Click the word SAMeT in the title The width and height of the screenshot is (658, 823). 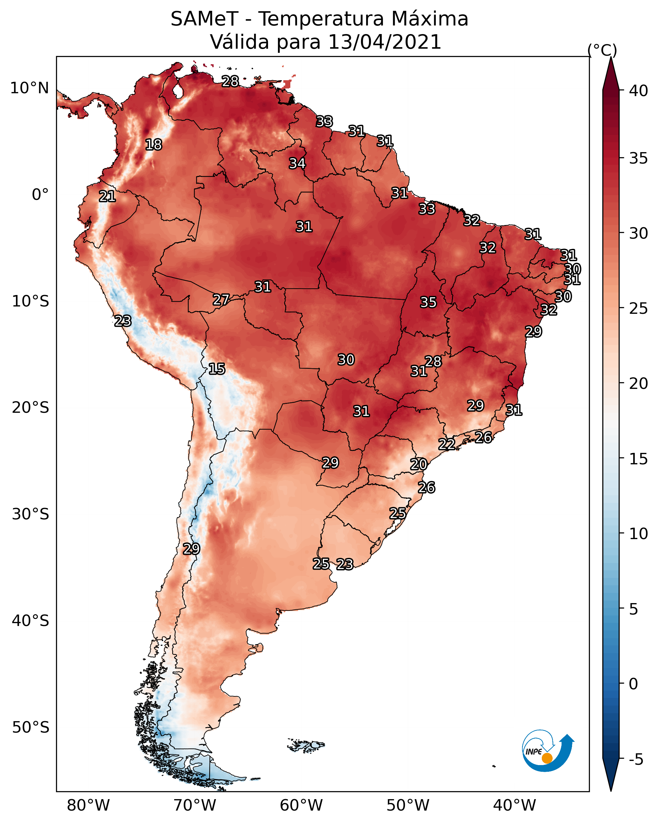(204, 19)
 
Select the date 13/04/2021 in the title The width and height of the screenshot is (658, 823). (384, 42)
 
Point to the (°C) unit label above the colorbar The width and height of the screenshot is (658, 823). (602, 50)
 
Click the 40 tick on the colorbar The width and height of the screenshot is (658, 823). (638, 91)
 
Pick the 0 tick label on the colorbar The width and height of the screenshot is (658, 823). (633, 684)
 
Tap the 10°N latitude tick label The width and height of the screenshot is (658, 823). (29, 88)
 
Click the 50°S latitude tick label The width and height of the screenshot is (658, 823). (31, 727)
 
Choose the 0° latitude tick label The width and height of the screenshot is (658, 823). (40, 195)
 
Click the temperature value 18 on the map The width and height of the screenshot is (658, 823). (153, 145)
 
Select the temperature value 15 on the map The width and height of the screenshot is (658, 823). (216, 369)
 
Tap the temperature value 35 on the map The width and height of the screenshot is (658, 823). (428, 302)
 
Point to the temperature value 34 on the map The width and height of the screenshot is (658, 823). (297, 163)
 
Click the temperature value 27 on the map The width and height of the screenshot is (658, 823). (221, 300)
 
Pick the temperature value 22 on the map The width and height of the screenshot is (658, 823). (446, 444)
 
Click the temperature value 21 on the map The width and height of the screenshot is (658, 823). (107, 197)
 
